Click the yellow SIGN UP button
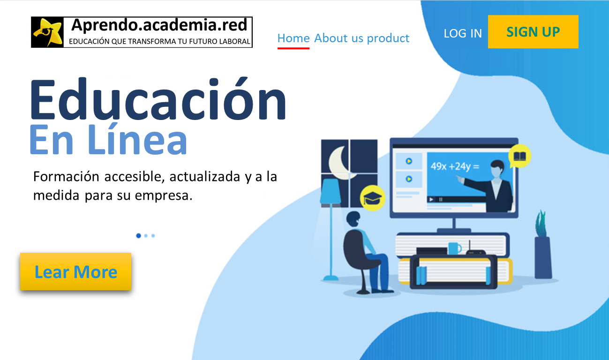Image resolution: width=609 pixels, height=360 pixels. pyautogui.click(x=533, y=32)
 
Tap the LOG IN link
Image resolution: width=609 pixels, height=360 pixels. pyautogui.click(x=463, y=33)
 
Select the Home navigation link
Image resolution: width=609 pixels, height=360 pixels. pyautogui.click(x=293, y=38)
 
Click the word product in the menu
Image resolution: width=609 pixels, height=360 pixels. pyautogui.click(x=388, y=38)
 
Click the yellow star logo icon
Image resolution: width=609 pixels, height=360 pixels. pyautogui.click(x=47, y=32)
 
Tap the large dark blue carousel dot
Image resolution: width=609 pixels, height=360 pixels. pyautogui.click(x=138, y=236)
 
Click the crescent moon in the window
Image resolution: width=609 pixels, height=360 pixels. pyautogui.click(x=338, y=163)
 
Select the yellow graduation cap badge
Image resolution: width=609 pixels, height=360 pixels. pyautogui.click(x=372, y=198)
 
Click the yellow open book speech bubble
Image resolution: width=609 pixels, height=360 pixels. pyautogui.click(x=519, y=156)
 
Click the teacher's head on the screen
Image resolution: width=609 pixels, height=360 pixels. pyautogui.click(x=497, y=169)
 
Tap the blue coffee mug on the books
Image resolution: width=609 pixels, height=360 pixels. pyautogui.click(x=454, y=248)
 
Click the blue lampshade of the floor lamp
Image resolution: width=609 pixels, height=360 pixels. pyautogui.click(x=331, y=191)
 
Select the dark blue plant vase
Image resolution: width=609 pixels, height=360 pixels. pyautogui.click(x=543, y=257)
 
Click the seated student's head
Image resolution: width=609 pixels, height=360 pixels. pyautogui.click(x=353, y=219)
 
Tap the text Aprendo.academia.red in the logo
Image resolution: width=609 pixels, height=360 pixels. pyautogui.click(x=159, y=25)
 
